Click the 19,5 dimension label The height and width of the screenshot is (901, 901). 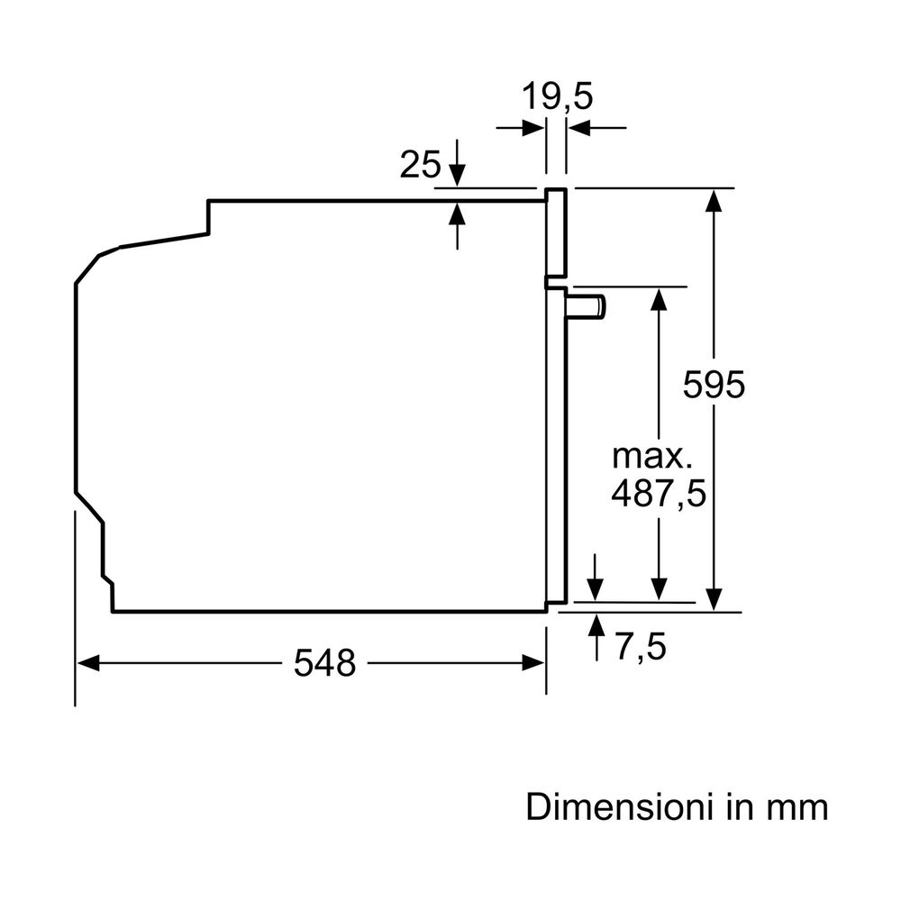coord(558,96)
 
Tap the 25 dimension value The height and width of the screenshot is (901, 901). coord(421,165)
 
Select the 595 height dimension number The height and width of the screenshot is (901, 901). coord(714,385)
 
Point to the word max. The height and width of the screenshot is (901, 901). coord(652,456)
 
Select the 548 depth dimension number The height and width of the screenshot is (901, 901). coord(325,664)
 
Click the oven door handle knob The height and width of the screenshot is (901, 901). coord(587,306)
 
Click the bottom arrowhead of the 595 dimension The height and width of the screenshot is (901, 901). coord(714,599)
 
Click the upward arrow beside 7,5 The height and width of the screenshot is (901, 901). coord(596,623)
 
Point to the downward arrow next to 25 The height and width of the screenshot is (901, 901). coord(459,175)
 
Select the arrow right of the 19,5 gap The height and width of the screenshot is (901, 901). coord(578,128)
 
